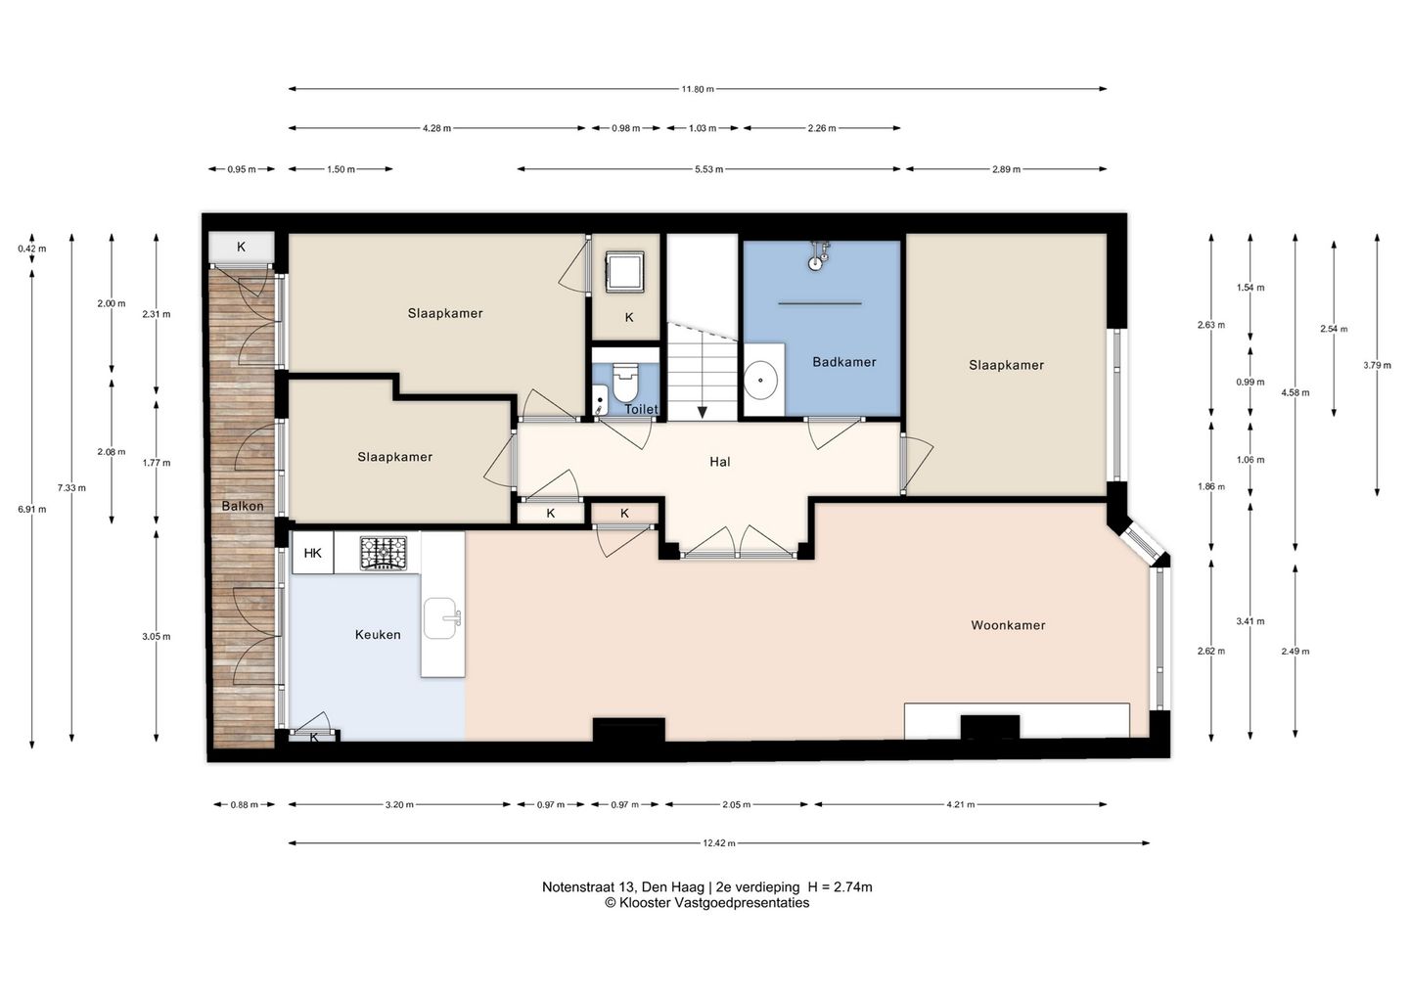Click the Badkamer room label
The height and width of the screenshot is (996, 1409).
[844, 362]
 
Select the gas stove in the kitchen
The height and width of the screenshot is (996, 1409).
[384, 553]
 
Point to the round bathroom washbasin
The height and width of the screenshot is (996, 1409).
[760, 380]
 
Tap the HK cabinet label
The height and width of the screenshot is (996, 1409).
[313, 553]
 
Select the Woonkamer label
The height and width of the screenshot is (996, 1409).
[1008, 625]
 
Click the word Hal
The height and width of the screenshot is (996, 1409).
[719, 462]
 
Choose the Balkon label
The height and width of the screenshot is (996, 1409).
[243, 506]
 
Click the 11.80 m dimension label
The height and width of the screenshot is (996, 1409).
[698, 89]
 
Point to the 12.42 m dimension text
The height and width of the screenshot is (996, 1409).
[719, 843]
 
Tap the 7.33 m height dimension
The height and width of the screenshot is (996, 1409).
[71, 487]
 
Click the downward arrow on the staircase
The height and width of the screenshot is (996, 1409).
[702, 413]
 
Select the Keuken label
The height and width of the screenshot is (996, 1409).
[378, 634]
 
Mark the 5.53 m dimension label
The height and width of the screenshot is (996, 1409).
[708, 169]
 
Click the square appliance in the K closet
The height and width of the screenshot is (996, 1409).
[625, 271]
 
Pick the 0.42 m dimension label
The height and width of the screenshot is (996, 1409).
[32, 249]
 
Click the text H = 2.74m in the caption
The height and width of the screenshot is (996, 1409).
[840, 887]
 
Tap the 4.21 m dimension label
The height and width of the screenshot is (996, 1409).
[961, 804]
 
